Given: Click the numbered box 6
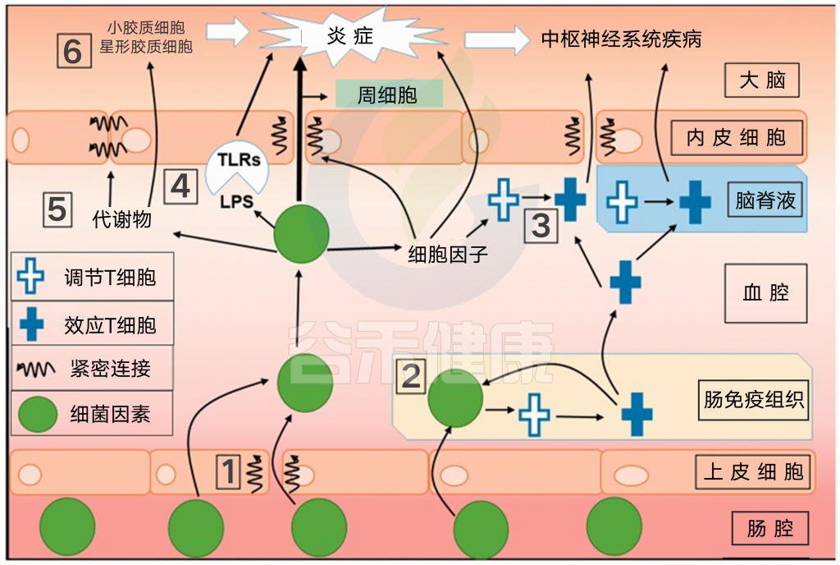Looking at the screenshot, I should point(72,51).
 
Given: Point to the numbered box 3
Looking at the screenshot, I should point(541,225).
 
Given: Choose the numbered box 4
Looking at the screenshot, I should point(180,186).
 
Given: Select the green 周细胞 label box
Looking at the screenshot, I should point(389,94).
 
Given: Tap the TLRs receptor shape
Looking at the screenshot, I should point(236,161).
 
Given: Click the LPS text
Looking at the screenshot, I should point(236,200).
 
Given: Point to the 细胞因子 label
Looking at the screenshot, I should point(448,254).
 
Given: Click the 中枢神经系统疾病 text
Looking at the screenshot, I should point(622,39).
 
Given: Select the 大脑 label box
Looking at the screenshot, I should point(762,81).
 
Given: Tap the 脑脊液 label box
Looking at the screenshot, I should point(765,200).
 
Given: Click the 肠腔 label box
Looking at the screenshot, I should point(770,528).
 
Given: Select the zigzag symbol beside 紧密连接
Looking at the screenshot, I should point(36,369).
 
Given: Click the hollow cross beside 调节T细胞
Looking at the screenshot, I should point(32,278).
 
